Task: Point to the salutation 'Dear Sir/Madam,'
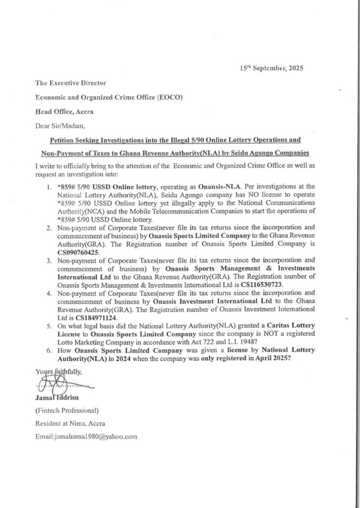click(58, 125)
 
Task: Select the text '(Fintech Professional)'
click(67, 410)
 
